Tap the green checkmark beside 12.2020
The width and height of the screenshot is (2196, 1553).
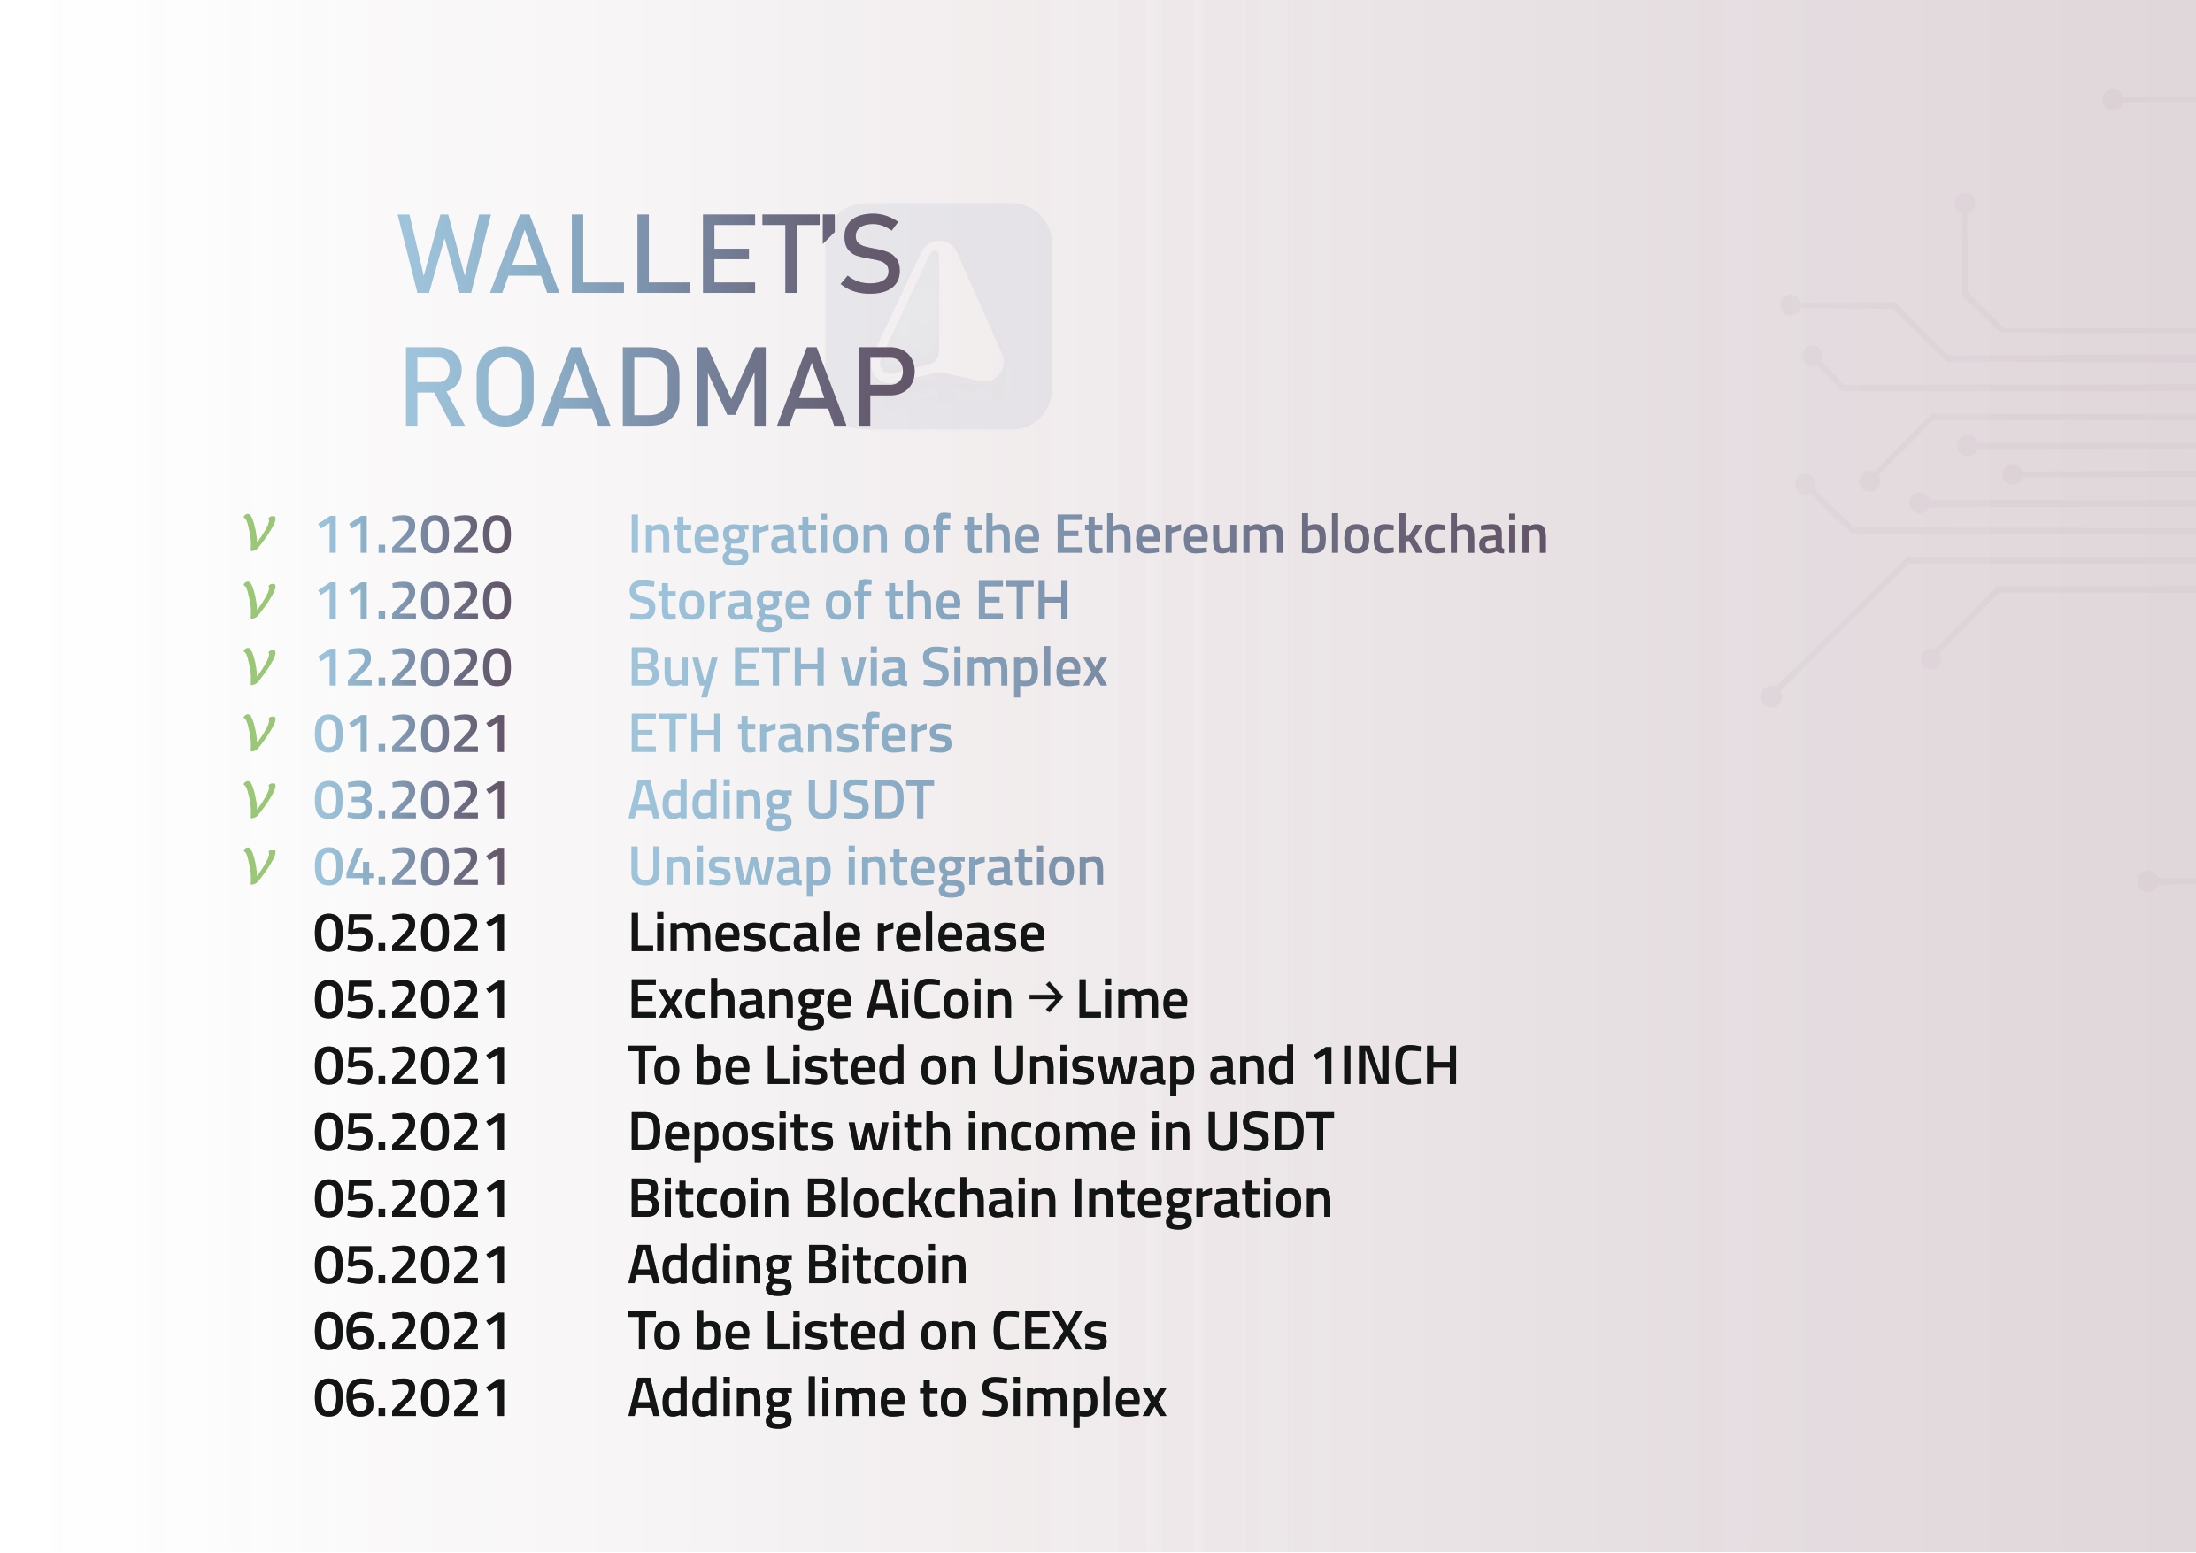coord(259,666)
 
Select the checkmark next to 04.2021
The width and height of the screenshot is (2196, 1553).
coord(259,865)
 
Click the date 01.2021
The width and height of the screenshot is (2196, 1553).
coord(412,734)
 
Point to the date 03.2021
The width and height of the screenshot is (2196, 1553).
coord(412,801)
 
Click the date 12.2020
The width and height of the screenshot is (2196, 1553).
coord(414,667)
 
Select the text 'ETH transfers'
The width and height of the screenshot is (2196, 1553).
coord(790,734)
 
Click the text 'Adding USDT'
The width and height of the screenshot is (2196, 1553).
coord(781,802)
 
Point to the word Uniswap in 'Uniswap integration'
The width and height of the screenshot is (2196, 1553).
coord(729,868)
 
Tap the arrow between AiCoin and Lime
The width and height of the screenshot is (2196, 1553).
coord(1045,999)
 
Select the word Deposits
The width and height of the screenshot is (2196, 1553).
coord(731,1134)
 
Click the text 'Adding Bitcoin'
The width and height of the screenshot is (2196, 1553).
coord(797,1266)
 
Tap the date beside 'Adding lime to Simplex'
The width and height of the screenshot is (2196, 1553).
coord(412,1398)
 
